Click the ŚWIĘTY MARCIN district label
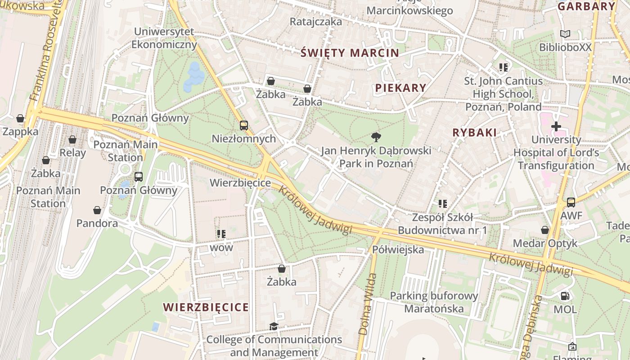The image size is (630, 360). pos(350,53)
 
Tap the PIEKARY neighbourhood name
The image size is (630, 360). pos(400,88)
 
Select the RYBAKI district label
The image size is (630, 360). pos(474,132)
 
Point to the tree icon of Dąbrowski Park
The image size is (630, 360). pos(376,137)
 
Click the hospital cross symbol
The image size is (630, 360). pos(556,126)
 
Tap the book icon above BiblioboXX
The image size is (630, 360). pos(565,34)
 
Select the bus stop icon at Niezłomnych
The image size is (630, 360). pos(244,126)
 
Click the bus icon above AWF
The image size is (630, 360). pos(571,202)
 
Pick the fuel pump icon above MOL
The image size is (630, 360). pos(565,296)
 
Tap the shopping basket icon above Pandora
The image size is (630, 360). pos(97,210)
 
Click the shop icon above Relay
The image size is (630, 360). pos(72,139)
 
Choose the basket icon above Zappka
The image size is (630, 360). pos(20,118)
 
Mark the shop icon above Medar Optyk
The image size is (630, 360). pos(545,230)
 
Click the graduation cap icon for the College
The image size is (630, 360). pos(274,326)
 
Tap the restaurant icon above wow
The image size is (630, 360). pos(221,234)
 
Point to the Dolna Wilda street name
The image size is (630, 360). pos(366,304)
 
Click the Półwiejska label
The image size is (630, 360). pos(398,249)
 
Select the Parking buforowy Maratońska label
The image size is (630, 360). pos(434,302)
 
